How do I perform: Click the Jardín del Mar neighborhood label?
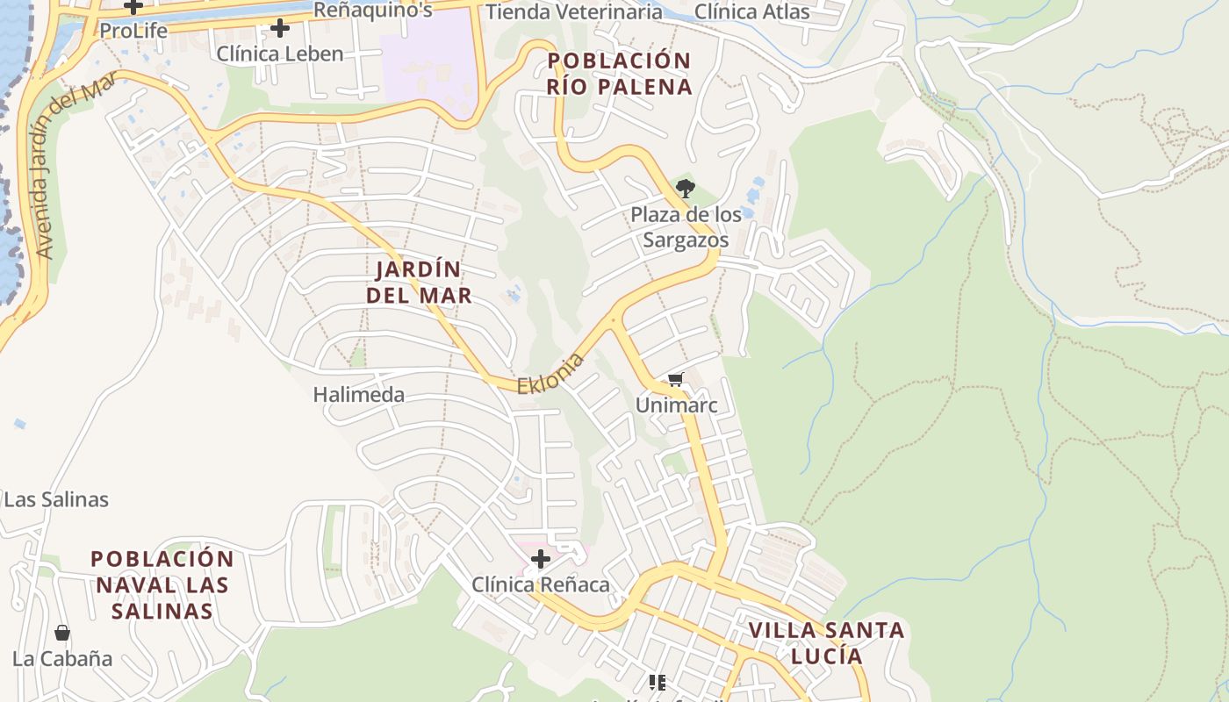pyautogui.click(x=419, y=282)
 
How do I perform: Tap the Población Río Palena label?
pyautogui.click(x=619, y=74)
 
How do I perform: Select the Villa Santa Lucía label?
pyautogui.click(x=826, y=642)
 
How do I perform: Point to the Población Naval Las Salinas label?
pyautogui.click(x=162, y=584)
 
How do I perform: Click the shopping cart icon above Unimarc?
pyautogui.click(x=675, y=380)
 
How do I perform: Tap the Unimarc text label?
pyautogui.click(x=676, y=405)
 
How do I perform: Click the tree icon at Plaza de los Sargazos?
pyautogui.click(x=686, y=188)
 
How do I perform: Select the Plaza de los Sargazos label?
pyautogui.click(x=686, y=226)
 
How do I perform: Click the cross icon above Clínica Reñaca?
pyautogui.click(x=541, y=559)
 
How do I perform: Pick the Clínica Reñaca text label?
pyautogui.click(x=541, y=584)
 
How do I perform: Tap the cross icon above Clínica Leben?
pyautogui.click(x=280, y=28)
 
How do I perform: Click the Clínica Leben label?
pyautogui.click(x=280, y=54)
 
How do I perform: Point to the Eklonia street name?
pyautogui.click(x=550, y=374)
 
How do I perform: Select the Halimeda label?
pyautogui.click(x=359, y=395)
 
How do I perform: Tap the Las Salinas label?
pyautogui.click(x=56, y=500)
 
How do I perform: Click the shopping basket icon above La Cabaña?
pyautogui.click(x=62, y=633)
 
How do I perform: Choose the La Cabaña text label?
pyautogui.click(x=62, y=658)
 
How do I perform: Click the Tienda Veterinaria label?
pyautogui.click(x=573, y=11)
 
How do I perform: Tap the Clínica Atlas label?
pyautogui.click(x=751, y=11)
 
